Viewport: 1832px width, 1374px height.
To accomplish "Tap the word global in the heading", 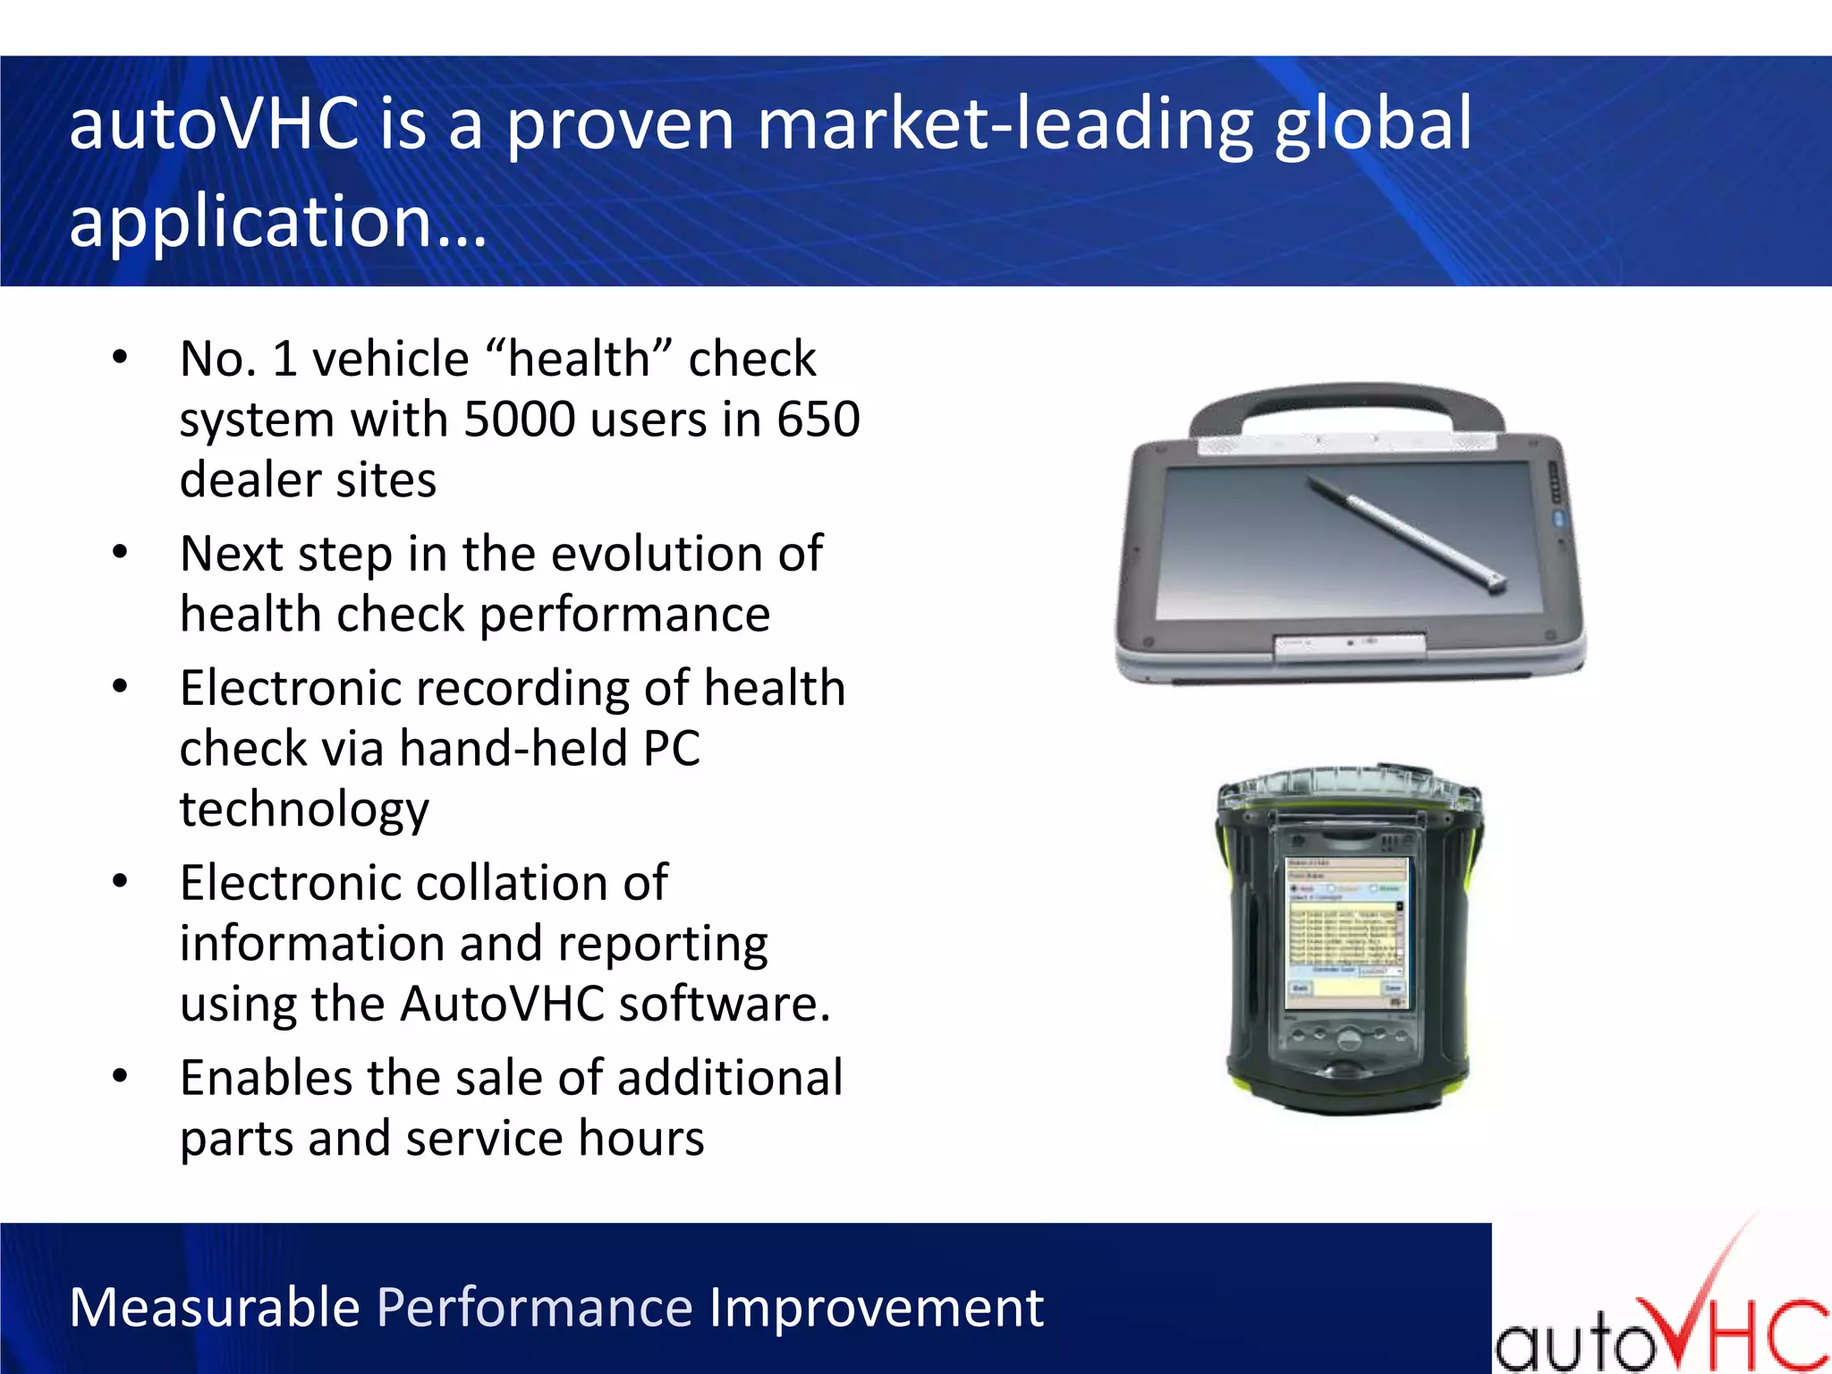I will [1373, 125].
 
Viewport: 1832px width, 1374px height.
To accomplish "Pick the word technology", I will [304, 810].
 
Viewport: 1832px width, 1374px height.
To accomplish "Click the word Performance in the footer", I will [534, 1308].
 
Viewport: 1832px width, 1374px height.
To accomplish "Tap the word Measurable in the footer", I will [214, 1308].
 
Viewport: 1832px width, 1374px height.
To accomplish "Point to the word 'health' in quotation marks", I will [578, 359].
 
